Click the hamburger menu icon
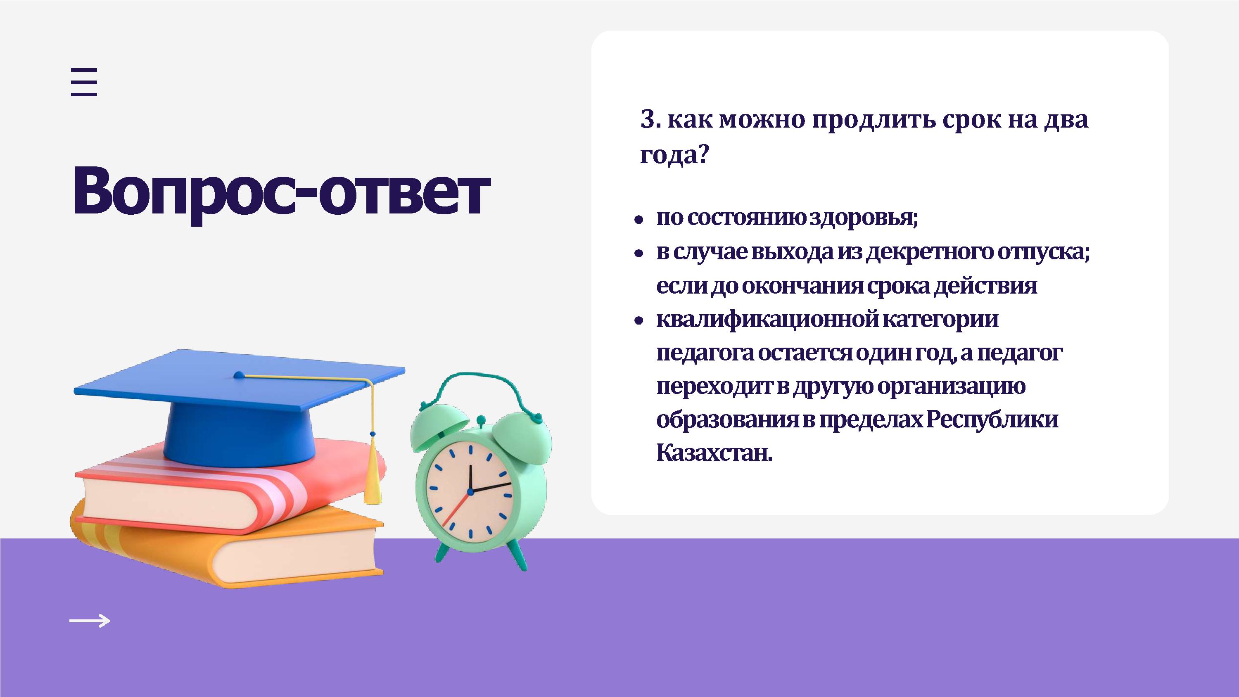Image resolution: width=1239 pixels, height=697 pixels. pyautogui.click(x=84, y=82)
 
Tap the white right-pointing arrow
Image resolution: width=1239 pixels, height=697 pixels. pyautogui.click(x=90, y=621)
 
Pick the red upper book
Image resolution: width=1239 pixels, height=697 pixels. pyautogui.click(x=231, y=486)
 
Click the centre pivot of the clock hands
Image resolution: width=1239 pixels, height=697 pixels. pyautogui.click(x=470, y=491)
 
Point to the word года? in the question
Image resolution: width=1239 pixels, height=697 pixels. pyautogui.click(x=675, y=155)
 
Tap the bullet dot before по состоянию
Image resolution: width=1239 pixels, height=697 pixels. pyautogui.click(x=639, y=220)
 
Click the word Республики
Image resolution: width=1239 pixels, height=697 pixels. pyautogui.click(x=992, y=420)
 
